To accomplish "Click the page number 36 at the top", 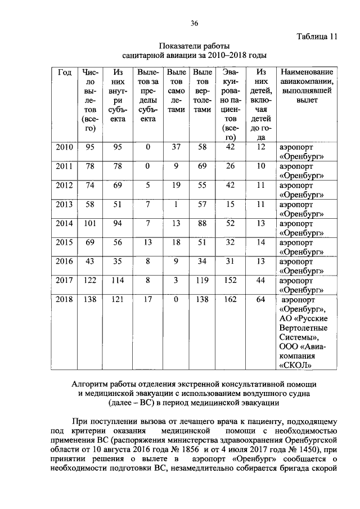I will click(194, 23).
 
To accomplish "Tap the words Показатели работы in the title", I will click(194, 46).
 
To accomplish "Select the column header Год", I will click(65, 73).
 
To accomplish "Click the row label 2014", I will click(65, 223).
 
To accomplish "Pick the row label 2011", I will click(65, 166).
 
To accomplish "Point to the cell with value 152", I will click(229, 281).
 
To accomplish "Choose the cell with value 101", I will click(89, 223).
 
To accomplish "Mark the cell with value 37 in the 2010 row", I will click(176, 147).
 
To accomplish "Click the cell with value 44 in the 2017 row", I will click(260, 281).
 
